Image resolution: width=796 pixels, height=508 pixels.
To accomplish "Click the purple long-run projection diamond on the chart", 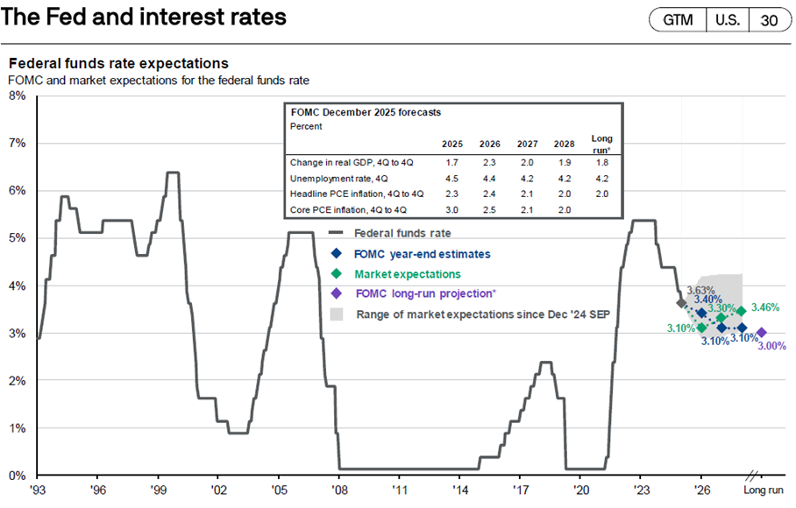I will click(761, 333).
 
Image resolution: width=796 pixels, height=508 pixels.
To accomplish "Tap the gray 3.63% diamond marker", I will click(682, 302).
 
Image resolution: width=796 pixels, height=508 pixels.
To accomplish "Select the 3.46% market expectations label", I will click(764, 307).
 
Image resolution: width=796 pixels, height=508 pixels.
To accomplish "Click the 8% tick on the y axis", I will click(17, 95).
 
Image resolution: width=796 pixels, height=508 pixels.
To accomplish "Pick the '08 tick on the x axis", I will click(338, 491).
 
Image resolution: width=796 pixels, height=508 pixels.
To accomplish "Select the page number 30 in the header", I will click(770, 19).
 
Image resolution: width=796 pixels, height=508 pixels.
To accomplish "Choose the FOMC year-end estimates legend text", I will click(422, 254).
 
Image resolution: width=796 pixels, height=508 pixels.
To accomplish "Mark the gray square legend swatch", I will click(336, 314).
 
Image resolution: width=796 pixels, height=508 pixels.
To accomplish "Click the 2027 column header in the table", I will click(527, 144).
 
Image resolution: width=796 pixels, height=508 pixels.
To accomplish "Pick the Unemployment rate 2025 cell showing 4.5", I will click(452, 178).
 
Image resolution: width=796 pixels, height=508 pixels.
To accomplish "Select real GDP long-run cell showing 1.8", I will click(602, 162).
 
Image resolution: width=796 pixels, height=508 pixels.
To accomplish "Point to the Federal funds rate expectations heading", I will click(118, 64).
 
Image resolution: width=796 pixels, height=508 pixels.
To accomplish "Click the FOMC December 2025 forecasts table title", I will click(365, 112).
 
